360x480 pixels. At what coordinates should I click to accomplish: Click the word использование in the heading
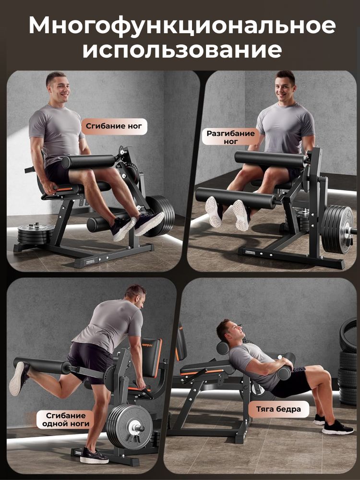point(182,50)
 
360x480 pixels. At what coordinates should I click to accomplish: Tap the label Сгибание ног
point(114,126)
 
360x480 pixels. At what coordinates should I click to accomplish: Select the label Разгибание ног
point(230,137)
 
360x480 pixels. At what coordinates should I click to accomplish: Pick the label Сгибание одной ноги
point(65,420)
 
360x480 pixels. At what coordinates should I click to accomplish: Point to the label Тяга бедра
point(278,409)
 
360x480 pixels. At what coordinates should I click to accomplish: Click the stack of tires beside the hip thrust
point(348,361)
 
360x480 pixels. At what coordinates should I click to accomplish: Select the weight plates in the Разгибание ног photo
point(337,228)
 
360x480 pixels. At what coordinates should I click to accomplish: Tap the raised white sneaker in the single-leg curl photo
point(19,378)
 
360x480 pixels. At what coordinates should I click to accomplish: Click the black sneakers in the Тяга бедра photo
point(333,424)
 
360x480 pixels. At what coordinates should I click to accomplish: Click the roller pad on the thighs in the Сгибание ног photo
point(88,161)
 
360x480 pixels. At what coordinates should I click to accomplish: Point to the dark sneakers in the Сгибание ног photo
point(137,226)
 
